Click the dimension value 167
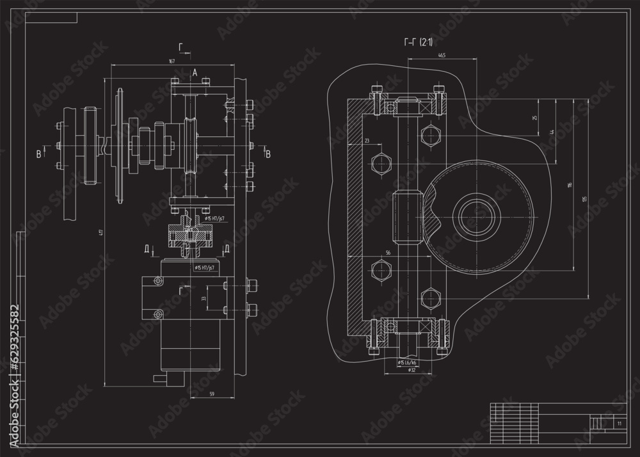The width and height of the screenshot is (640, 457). (172, 61)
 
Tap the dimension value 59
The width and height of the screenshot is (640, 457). (212, 394)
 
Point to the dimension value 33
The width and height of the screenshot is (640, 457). (204, 298)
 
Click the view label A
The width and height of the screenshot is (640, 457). (195, 74)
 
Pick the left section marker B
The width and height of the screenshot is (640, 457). (38, 154)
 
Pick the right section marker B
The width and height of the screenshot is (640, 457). (268, 154)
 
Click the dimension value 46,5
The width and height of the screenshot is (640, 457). (442, 56)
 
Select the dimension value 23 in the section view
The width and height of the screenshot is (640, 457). (367, 140)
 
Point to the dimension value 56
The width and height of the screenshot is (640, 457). (388, 253)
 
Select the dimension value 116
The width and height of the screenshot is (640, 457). (568, 186)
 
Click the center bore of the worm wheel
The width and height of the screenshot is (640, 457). (477, 211)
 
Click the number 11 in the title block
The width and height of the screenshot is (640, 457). (619, 424)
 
